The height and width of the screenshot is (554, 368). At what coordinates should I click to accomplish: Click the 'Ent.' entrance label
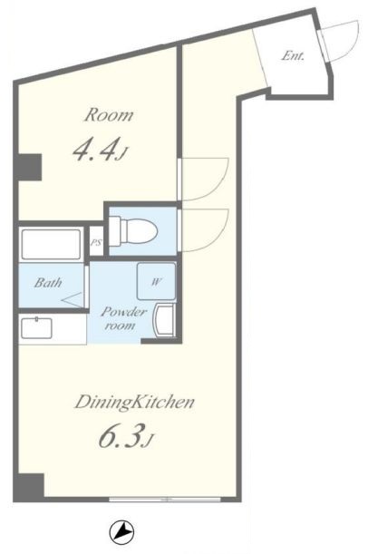(x=293, y=56)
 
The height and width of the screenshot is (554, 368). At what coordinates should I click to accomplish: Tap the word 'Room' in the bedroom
(x=109, y=115)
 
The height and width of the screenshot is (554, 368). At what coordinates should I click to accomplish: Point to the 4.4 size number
(x=94, y=151)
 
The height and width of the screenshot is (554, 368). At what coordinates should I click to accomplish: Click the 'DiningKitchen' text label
(x=134, y=403)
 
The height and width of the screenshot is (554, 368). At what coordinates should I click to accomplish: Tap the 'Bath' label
(x=48, y=283)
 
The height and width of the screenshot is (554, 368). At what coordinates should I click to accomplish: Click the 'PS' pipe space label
(x=96, y=243)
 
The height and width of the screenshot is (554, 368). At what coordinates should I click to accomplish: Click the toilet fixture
(x=133, y=232)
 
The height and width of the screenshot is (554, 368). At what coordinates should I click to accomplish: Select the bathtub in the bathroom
(x=51, y=245)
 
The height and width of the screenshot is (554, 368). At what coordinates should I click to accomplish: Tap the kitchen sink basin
(x=36, y=328)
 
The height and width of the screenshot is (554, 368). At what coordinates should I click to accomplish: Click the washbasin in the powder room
(x=163, y=320)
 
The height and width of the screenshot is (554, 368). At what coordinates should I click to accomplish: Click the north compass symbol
(x=121, y=533)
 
